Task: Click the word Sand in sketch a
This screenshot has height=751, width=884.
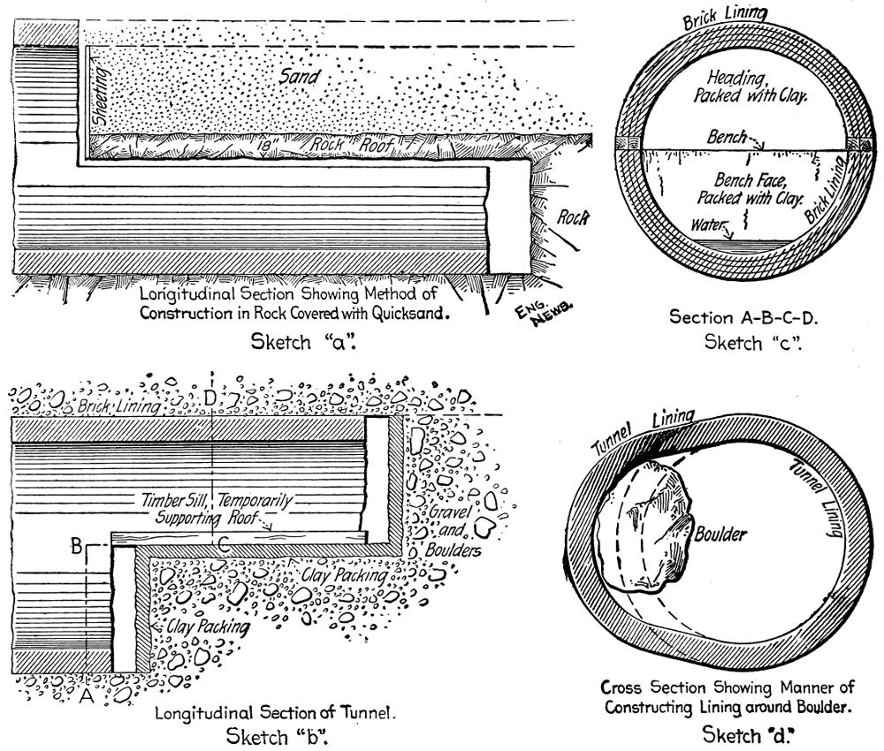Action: click(x=299, y=77)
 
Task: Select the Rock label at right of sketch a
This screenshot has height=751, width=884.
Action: click(x=572, y=218)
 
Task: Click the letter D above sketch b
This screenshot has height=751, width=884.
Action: click(x=210, y=398)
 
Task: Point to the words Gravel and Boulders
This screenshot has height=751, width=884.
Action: click(x=453, y=531)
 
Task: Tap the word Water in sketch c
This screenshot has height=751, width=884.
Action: click(x=707, y=224)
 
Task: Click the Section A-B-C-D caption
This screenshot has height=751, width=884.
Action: click(x=743, y=317)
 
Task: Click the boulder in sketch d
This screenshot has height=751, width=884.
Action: click(x=648, y=531)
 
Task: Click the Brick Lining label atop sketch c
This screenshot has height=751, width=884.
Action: click(x=725, y=16)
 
